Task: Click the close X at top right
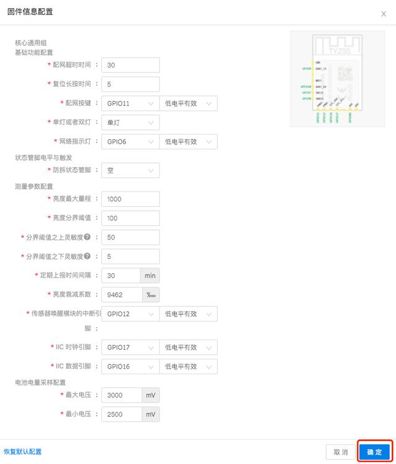click(x=384, y=14)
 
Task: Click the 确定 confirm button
click(x=374, y=452)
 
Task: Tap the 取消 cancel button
click(x=340, y=452)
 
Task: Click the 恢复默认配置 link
click(x=23, y=452)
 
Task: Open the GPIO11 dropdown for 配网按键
click(x=129, y=103)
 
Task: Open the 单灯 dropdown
click(x=129, y=123)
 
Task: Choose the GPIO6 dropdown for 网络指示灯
click(x=129, y=142)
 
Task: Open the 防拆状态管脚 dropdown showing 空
click(x=129, y=170)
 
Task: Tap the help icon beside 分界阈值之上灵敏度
click(x=87, y=237)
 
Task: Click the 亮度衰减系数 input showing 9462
click(x=122, y=295)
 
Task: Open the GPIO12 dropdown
click(x=129, y=314)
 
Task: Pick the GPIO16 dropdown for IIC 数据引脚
click(x=129, y=367)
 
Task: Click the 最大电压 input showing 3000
click(x=122, y=395)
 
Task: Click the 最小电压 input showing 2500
click(x=122, y=414)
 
